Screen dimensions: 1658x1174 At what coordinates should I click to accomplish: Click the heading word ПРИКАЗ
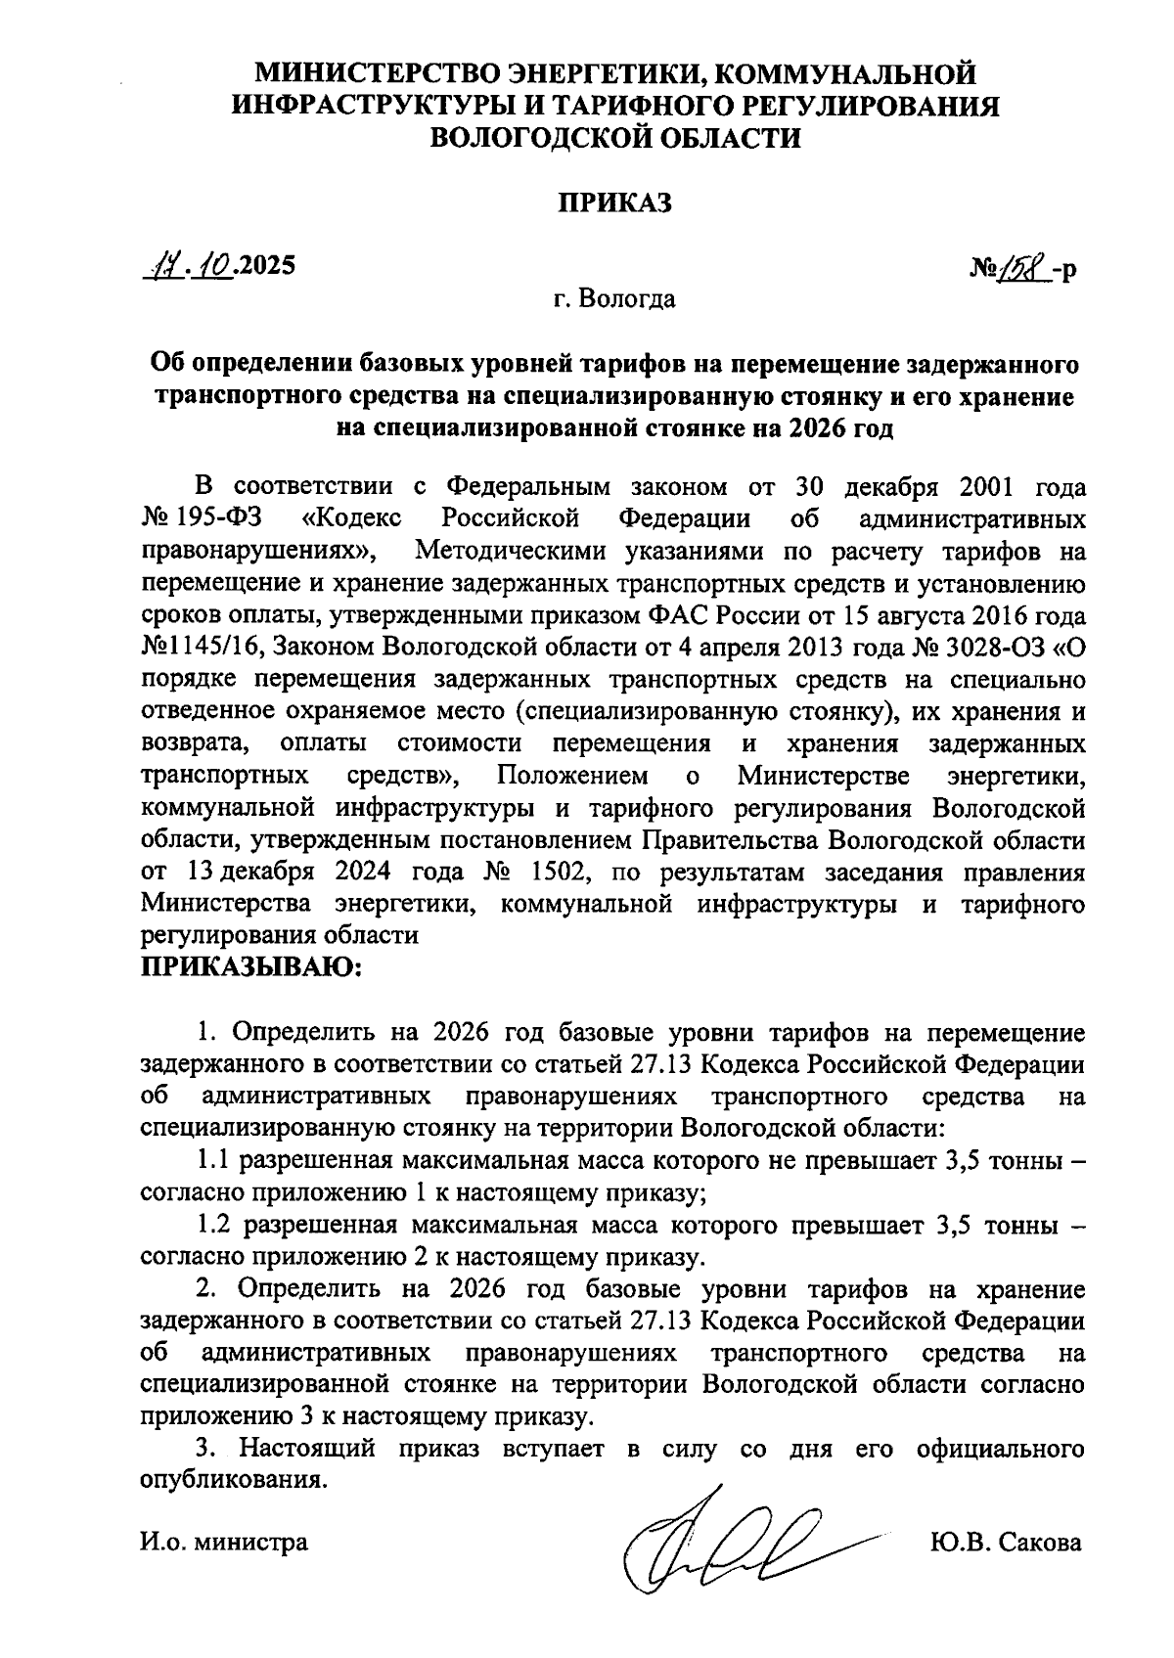pyautogui.click(x=615, y=202)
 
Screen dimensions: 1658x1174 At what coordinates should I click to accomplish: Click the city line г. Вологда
pyautogui.click(x=615, y=298)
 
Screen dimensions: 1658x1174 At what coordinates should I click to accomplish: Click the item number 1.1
pyautogui.click(x=212, y=1161)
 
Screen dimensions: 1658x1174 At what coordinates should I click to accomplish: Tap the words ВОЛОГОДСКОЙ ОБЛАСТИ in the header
pyautogui.click(x=615, y=138)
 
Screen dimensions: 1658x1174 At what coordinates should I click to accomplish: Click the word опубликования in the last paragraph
pyautogui.click(x=232, y=1480)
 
